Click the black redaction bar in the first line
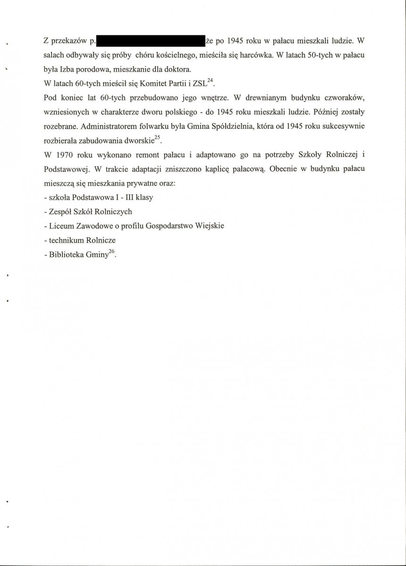[150, 41]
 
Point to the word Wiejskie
[208, 226]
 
